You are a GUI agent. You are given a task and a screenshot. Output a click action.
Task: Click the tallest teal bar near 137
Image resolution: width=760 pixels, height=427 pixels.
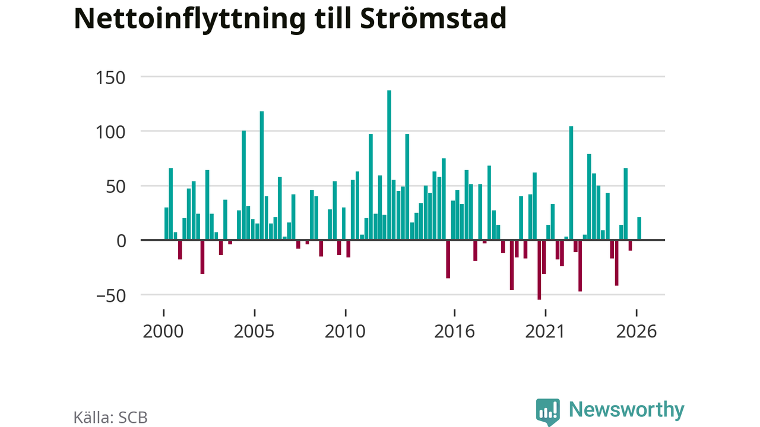click(x=389, y=165)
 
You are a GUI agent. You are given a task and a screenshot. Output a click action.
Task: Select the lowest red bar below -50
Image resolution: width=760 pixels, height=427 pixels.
click(x=539, y=270)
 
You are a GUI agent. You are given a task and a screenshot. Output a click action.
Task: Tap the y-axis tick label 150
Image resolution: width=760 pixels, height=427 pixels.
click(x=110, y=78)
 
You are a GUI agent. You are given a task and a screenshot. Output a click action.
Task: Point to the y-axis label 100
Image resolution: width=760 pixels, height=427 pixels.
click(x=110, y=132)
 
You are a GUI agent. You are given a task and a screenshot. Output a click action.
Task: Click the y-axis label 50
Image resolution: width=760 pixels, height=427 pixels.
click(x=116, y=187)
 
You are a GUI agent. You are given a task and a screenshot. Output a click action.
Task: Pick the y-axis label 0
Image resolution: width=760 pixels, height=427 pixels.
click(x=121, y=241)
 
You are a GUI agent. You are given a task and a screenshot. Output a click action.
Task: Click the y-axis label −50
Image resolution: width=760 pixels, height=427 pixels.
click(x=111, y=296)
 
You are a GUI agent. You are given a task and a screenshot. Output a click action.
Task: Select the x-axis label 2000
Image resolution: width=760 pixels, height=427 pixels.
click(x=163, y=332)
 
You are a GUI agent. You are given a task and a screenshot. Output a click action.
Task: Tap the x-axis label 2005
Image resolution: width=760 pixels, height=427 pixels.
click(x=254, y=332)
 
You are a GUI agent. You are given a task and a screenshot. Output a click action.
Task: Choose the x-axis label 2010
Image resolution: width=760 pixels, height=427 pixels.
click(x=345, y=332)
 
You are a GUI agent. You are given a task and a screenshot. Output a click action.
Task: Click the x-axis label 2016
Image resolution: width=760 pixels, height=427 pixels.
click(x=454, y=332)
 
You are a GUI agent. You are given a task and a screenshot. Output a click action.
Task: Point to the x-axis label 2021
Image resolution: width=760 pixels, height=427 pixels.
click(x=545, y=332)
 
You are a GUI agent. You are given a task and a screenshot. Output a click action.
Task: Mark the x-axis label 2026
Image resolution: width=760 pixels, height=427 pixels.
click(x=636, y=332)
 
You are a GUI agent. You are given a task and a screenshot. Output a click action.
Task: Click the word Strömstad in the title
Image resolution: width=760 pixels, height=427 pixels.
click(x=433, y=18)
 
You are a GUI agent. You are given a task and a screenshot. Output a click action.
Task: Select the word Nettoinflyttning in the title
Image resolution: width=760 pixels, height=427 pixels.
click(x=190, y=20)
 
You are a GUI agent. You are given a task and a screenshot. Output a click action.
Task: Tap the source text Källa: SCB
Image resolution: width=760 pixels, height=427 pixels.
click(x=110, y=418)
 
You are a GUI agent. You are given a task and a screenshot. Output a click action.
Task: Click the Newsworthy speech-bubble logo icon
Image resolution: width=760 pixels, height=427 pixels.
click(x=548, y=412)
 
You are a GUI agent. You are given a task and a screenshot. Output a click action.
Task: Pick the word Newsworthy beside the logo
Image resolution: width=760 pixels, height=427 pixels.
click(x=626, y=410)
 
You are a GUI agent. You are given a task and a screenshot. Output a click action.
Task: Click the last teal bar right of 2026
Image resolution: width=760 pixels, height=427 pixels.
click(x=639, y=228)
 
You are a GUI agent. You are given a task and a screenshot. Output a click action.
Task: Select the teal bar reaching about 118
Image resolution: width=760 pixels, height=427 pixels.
click(x=262, y=176)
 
